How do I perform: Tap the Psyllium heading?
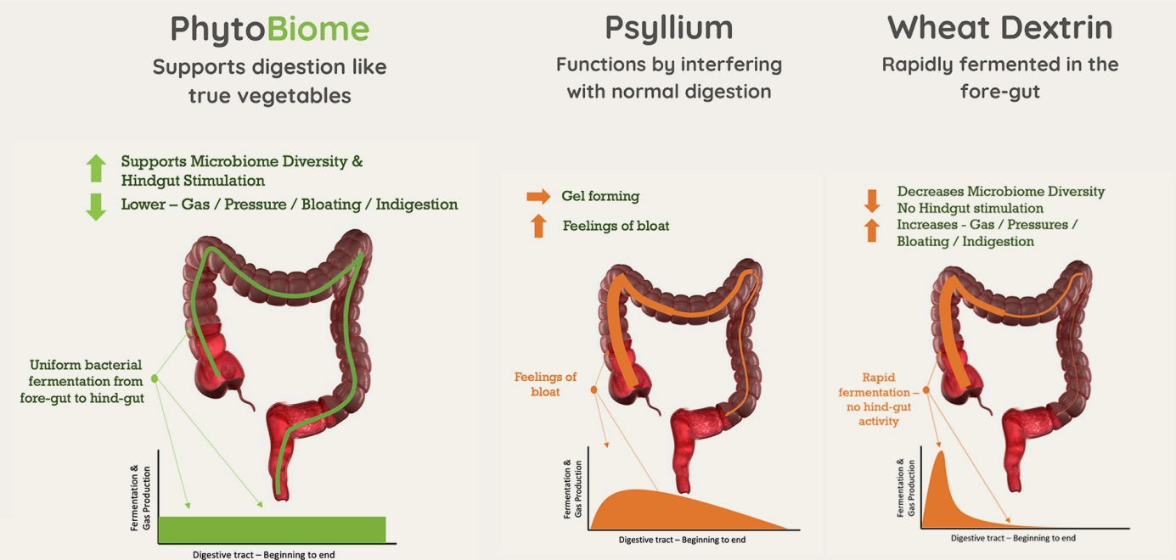(x=669, y=30)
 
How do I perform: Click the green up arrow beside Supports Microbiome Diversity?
(x=96, y=168)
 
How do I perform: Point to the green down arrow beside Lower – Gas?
(x=96, y=207)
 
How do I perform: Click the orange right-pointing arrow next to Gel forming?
(x=538, y=196)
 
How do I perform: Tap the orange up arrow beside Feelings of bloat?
(x=538, y=227)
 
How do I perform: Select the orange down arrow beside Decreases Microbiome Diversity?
(x=872, y=200)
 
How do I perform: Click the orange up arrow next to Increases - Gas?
(x=872, y=231)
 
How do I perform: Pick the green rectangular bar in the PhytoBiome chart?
(x=272, y=530)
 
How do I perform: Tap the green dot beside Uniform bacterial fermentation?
(x=155, y=378)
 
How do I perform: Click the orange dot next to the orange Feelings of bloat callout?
(x=594, y=390)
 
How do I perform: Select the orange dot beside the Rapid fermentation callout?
(x=926, y=390)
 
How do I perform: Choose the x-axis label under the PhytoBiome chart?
(x=263, y=554)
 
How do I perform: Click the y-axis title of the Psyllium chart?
(x=572, y=489)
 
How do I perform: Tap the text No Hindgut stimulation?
(x=971, y=209)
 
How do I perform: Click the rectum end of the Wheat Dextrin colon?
(x=1016, y=485)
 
